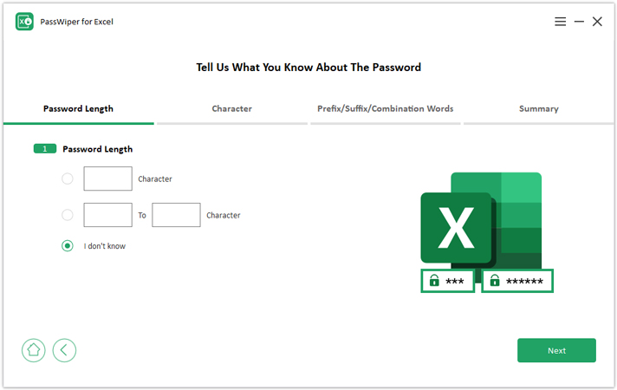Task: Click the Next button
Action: tap(556, 350)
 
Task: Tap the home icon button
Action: tap(34, 350)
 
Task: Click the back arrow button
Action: tap(64, 350)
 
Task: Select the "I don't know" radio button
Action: tap(68, 246)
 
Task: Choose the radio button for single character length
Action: tap(68, 179)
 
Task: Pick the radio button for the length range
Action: tap(68, 215)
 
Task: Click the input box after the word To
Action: tap(176, 215)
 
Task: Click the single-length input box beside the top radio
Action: tap(107, 179)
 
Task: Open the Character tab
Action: tap(231, 108)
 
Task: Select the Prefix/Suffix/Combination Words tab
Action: tap(386, 108)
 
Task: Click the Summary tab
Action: tap(539, 108)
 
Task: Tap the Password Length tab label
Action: tap(78, 108)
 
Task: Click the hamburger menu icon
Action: tap(561, 22)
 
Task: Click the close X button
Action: tap(597, 22)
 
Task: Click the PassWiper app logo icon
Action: tap(24, 22)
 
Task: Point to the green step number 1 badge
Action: tap(45, 149)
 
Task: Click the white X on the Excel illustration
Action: tap(456, 228)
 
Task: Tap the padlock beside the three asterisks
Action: tap(434, 280)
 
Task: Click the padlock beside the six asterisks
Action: tap(495, 280)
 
